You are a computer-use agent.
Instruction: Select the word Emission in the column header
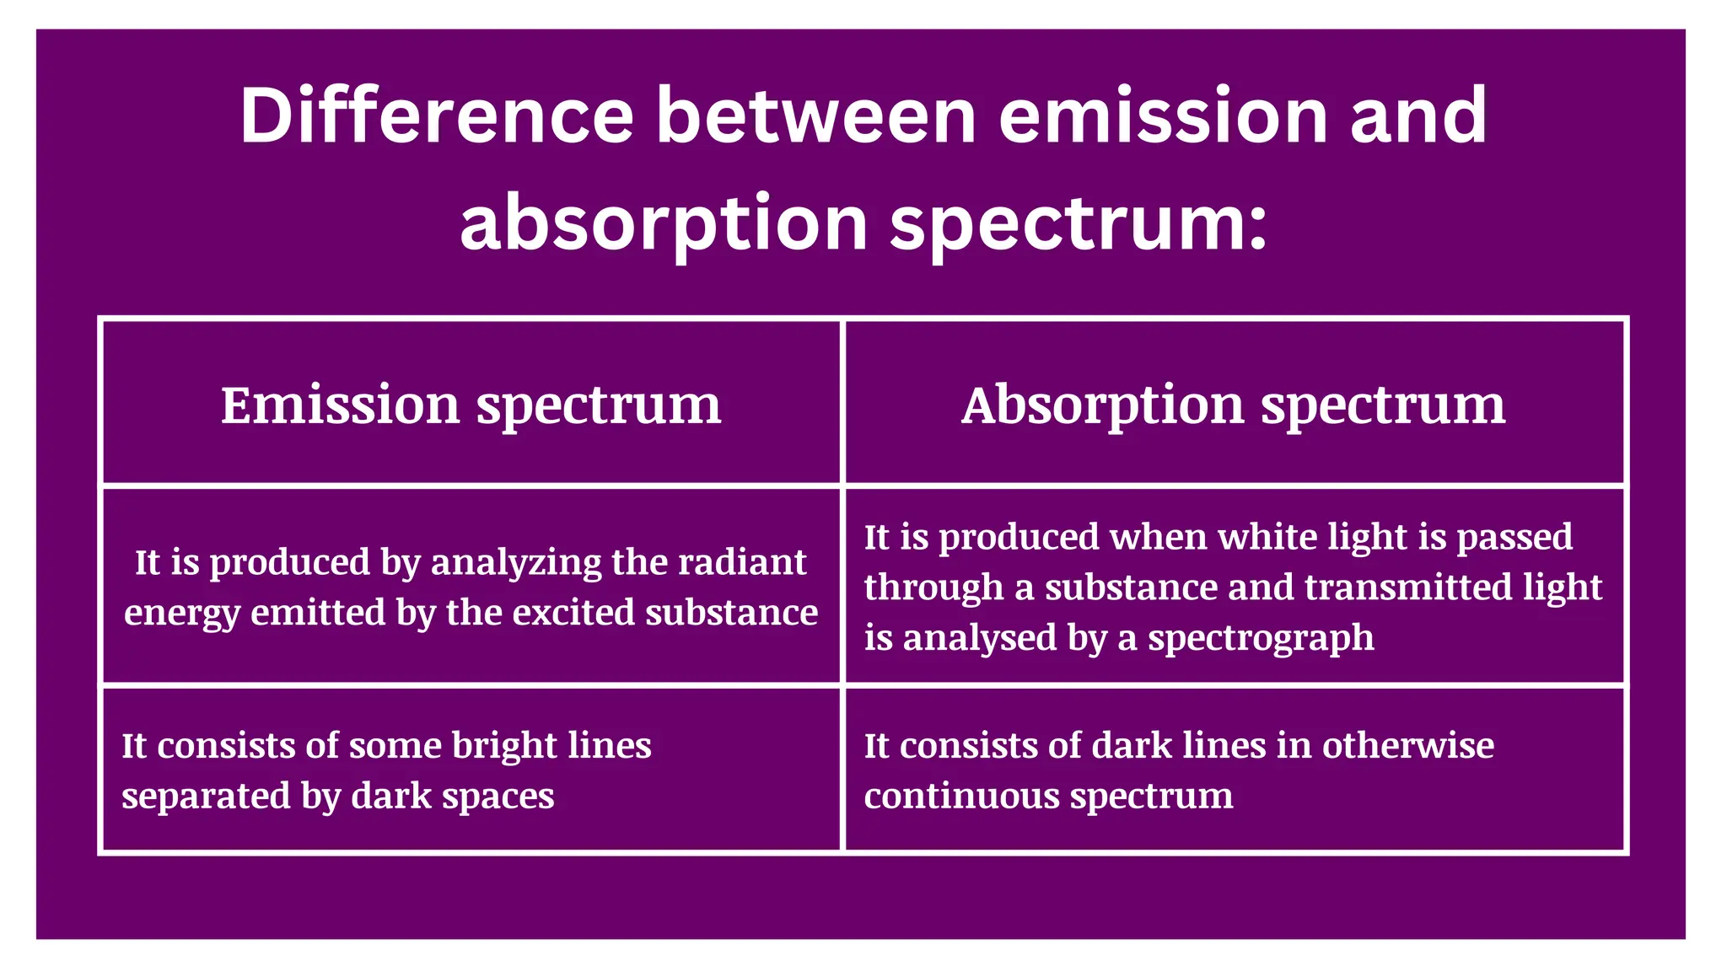[340, 405]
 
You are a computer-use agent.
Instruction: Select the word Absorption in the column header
[1101, 405]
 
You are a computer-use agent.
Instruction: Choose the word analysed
[980, 638]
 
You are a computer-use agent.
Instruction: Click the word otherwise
[1407, 746]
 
